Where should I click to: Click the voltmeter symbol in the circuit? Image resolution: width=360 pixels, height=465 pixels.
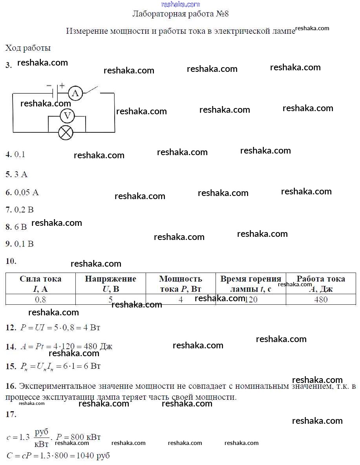point(67,115)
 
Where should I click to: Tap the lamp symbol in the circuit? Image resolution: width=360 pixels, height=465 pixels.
point(66,132)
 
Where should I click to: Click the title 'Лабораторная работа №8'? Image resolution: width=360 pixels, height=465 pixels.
point(180,14)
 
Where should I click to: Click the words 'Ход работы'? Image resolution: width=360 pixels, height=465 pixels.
point(28,48)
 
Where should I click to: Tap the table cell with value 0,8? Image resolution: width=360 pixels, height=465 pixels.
point(40,300)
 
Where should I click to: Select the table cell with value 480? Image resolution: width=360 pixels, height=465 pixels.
point(321,300)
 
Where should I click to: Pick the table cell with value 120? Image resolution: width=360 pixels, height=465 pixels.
point(250,300)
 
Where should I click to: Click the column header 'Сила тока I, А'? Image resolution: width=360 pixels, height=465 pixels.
point(40,284)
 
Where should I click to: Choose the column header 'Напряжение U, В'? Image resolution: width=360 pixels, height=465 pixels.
point(110,284)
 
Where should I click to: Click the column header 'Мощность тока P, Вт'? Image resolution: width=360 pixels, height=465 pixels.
point(181,284)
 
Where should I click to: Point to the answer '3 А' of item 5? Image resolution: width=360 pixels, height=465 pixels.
point(21,174)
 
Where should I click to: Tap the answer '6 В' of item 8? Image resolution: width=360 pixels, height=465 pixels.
point(21,227)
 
